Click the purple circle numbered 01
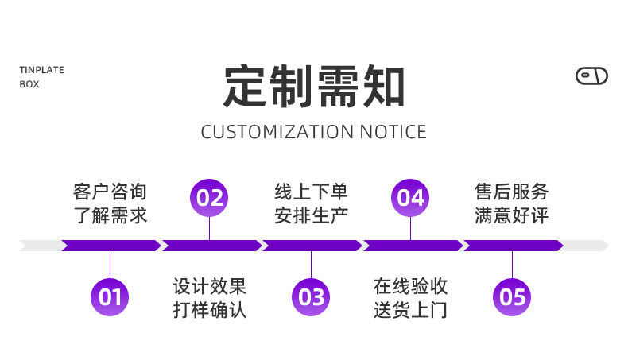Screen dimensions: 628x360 [x=110, y=297]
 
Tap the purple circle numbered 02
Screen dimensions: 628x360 [x=209, y=197]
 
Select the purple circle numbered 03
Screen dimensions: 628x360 [x=311, y=297]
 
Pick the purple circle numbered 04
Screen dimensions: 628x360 [x=410, y=197]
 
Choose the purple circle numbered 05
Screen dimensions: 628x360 [x=512, y=297]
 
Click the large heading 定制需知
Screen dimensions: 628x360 [x=314, y=86]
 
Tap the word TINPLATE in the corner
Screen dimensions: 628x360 [x=41, y=70]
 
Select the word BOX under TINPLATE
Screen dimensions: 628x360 [x=29, y=84]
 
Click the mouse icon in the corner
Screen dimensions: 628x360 [x=591, y=76]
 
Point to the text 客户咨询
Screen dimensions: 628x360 [x=110, y=192]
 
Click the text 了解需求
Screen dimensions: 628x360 [x=110, y=215]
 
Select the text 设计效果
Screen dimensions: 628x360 [x=209, y=286]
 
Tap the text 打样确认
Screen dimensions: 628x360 [x=209, y=309]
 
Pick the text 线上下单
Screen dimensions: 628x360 [x=311, y=192]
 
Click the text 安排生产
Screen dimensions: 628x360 [x=311, y=215]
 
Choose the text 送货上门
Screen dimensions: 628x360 [x=410, y=309]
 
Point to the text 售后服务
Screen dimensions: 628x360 [x=512, y=192]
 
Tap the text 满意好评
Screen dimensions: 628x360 [x=512, y=215]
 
